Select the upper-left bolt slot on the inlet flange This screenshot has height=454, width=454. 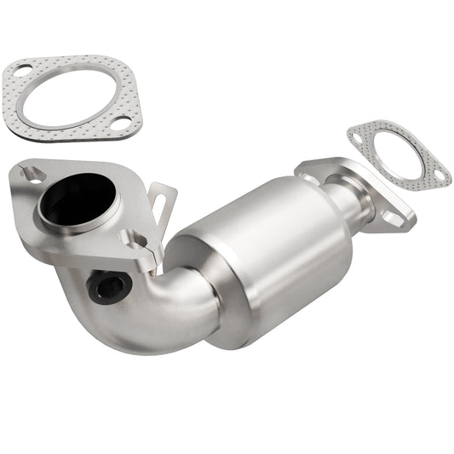pyautogui.click(x=33, y=174)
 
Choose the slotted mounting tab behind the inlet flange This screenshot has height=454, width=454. pyautogui.click(x=159, y=204)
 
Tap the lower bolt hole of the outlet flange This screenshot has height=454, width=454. pyautogui.click(x=393, y=219)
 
